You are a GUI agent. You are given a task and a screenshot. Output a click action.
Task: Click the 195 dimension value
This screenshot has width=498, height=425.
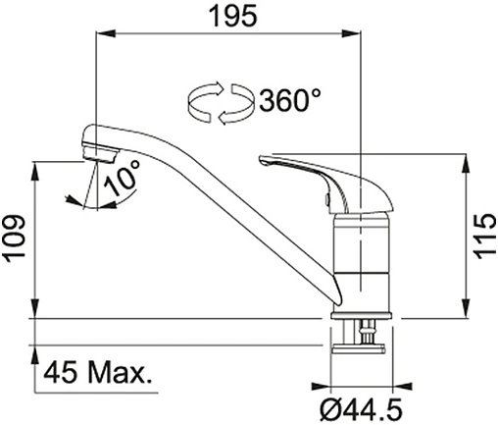[233, 17]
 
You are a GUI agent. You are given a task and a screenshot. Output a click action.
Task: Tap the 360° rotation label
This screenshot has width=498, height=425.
[289, 100]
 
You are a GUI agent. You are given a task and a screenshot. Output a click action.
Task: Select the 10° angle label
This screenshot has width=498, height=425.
[123, 179]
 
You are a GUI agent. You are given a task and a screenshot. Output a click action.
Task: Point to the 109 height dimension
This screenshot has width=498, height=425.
[15, 239]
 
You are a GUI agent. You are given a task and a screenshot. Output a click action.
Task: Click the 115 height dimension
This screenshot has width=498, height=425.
[484, 236]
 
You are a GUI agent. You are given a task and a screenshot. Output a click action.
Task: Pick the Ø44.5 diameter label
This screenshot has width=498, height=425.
[361, 409]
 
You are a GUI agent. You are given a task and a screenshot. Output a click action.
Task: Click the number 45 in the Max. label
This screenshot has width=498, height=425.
[61, 373]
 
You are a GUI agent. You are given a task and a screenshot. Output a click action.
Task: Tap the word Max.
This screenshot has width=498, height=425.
[120, 373]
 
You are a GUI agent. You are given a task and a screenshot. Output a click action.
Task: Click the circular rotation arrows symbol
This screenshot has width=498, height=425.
[221, 103]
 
